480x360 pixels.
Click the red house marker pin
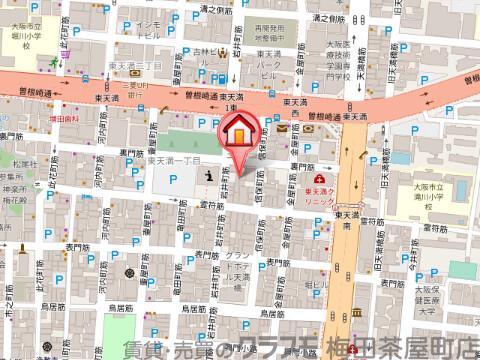240,131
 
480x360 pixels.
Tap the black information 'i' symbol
207,176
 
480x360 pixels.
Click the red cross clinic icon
305,178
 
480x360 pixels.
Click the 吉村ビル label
204,56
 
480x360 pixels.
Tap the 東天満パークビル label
265,70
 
